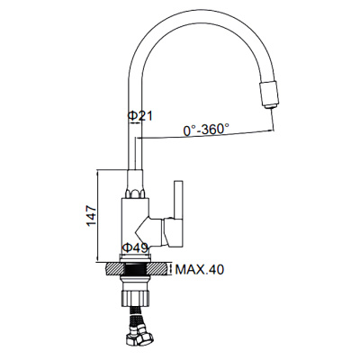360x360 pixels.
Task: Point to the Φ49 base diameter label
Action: [135, 248]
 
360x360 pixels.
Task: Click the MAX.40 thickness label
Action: [200, 268]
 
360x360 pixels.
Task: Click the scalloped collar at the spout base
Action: [136, 193]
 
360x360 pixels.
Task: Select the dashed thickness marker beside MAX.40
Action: [171, 268]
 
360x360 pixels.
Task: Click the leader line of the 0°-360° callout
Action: [207, 137]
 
